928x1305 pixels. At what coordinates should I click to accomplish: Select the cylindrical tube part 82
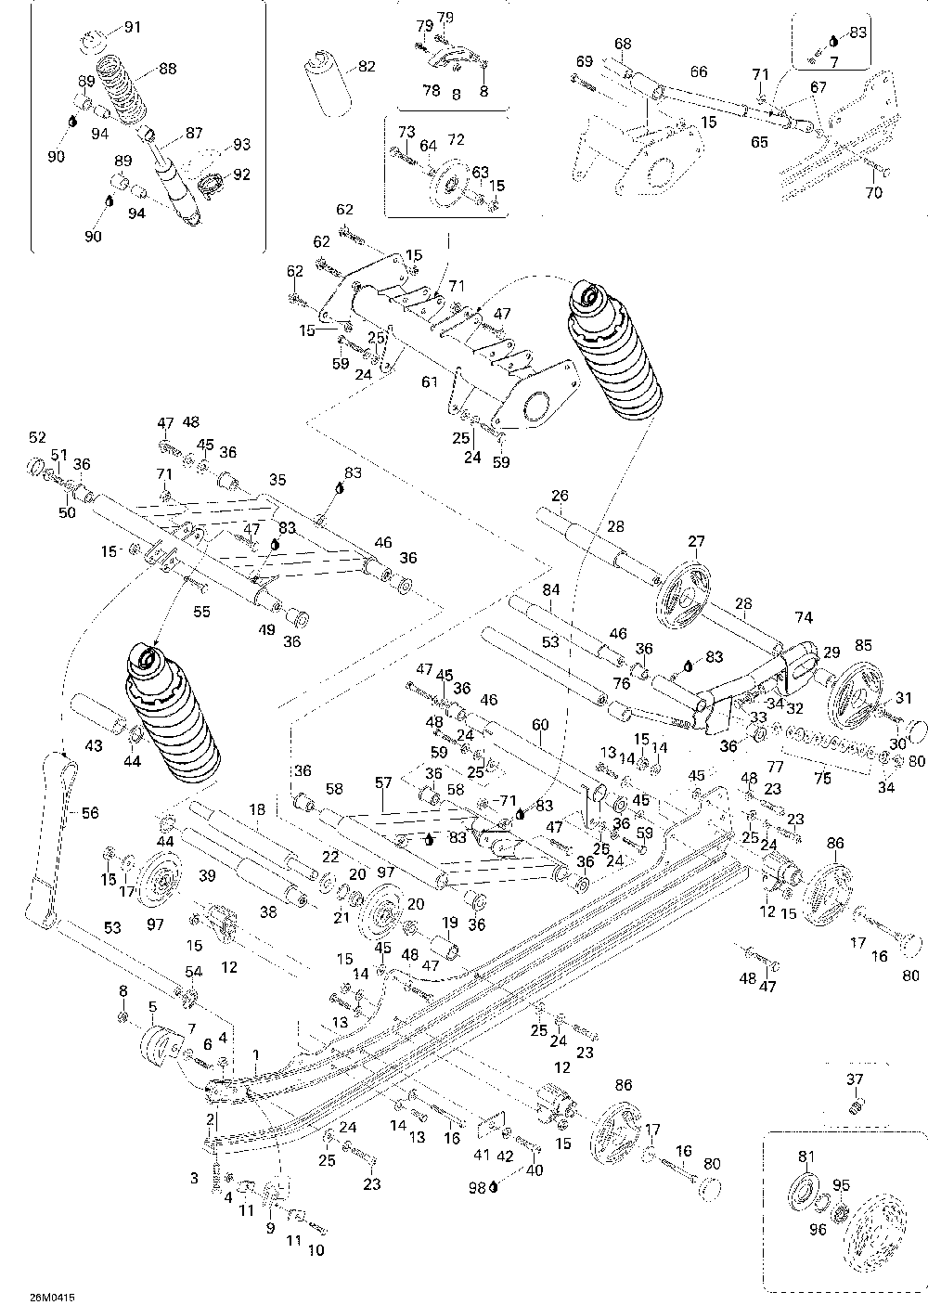click(x=328, y=84)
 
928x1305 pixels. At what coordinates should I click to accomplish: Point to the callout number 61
click(x=430, y=382)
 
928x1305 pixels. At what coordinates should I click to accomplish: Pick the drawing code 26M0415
click(x=52, y=1297)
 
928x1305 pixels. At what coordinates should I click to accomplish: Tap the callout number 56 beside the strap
click(x=90, y=812)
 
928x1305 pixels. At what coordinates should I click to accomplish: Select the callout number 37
click(x=854, y=1079)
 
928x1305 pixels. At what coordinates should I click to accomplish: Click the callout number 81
click(x=806, y=1156)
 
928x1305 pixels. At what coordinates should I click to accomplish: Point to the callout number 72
click(x=456, y=139)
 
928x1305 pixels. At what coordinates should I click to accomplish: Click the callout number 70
click(x=874, y=192)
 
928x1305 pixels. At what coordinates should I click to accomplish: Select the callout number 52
click(x=37, y=437)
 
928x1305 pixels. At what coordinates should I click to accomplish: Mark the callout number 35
click(x=277, y=480)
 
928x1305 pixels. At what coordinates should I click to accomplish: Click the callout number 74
click(x=804, y=617)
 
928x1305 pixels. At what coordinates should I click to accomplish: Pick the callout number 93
click(x=241, y=144)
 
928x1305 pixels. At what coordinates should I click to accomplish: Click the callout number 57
click(x=382, y=782)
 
